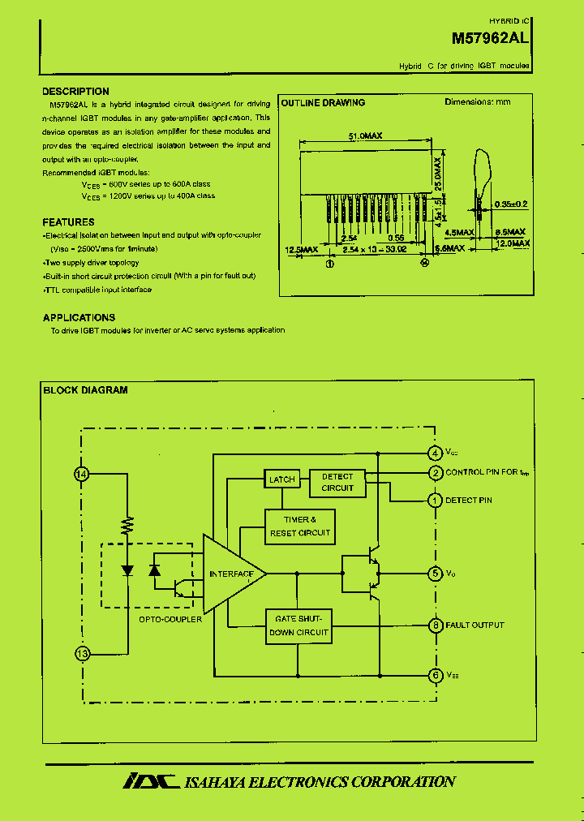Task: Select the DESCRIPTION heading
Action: tap(75, 92)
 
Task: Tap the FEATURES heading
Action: tap(68, 221)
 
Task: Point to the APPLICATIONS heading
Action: tap(79, 317)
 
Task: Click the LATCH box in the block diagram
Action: tap(282, 479)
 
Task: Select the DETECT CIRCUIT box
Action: tap(337, 482)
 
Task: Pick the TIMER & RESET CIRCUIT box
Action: tap(299, 526)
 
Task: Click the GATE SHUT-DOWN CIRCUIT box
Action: tap(299, 625)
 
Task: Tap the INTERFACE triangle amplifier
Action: tap(231, 574)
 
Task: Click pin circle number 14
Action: tap(81, 475)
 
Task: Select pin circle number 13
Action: tap(81, 652)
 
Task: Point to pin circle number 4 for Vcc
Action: tap(436, 453)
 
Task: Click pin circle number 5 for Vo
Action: tap(436, 574)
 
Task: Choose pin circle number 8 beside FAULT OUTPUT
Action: tap(436, 625)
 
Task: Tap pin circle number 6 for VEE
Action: tap(436, 675)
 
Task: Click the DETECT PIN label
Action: tap(469, 501)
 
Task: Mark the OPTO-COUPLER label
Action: tap(170, 619)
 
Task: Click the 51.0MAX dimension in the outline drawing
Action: tap(365, 137)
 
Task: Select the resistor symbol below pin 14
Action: tap(127, 525)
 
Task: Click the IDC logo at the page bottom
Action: tap(150, 781)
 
